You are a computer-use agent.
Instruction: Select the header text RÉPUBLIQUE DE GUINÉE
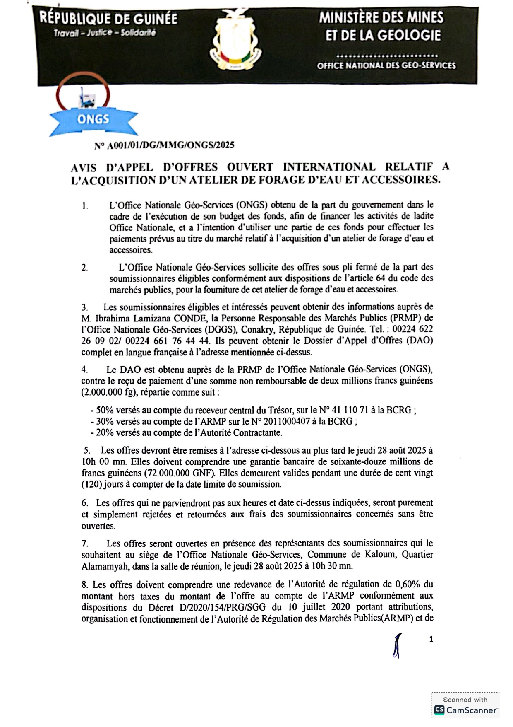[109, 19]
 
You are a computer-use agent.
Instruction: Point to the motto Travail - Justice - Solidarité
[105, 33]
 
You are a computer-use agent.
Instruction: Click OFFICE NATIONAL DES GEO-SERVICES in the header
[386, 65]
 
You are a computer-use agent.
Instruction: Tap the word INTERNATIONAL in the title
[329, 167]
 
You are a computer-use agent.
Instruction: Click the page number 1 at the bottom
[431, 639]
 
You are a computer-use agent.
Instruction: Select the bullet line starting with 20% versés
[186, 433]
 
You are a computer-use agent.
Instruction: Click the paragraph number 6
[85, 503]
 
